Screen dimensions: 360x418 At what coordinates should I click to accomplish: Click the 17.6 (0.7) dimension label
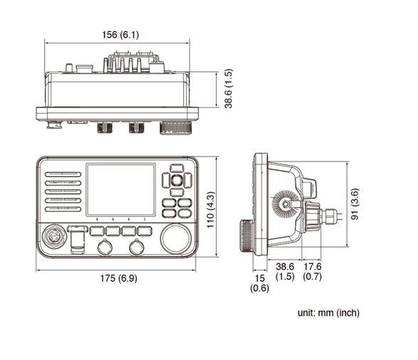pyautogui.click(x=313, y=271)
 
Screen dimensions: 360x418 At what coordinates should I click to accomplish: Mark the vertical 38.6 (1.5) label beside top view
pyautogui.click(x=227, y=89)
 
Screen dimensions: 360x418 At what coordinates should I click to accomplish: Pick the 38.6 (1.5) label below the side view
pyautogui.click(x=285, y=271)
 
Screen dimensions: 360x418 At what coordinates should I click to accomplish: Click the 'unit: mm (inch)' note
pyautogui.click(x=328, y=313)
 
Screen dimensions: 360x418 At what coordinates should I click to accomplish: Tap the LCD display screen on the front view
pyautogui.click(x=119, y=189)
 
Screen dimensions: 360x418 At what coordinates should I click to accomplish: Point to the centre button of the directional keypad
pyautogui.click(x=176, y=180)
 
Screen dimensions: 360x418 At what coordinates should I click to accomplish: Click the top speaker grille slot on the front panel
pyautogui.click(x=63, y=174)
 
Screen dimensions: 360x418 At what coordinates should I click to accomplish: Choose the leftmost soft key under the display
pyautogui.click(x=96, y=231)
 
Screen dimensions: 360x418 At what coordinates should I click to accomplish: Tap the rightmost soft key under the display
pyautogui.click(x=144, y=231)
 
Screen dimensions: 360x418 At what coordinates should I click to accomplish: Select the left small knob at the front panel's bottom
pyautogui.click(x=104, y=247)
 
